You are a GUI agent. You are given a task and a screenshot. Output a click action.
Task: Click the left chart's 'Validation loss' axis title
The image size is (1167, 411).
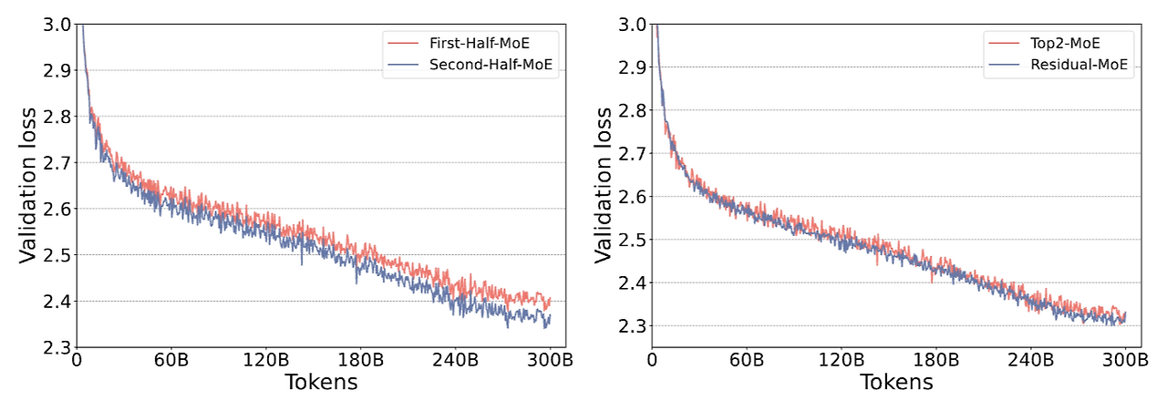[28, 186]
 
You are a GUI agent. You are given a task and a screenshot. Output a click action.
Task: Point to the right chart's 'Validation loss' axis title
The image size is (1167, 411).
[604, 186]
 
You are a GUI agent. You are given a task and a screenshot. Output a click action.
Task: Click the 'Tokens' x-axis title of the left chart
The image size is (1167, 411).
[321, 382]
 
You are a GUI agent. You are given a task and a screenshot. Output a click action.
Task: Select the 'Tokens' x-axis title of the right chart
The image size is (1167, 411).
[896, 382]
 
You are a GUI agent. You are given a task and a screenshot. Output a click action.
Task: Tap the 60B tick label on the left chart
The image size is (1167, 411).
[170, 359]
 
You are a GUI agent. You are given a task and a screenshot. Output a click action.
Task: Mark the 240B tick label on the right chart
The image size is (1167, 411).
[1030, 359]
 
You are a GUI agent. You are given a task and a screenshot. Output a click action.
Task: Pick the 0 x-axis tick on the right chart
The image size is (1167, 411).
[652, 359]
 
